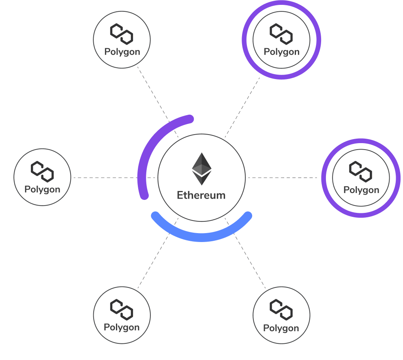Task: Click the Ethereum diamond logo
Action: [201, 169]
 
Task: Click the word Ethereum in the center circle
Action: [201, 195]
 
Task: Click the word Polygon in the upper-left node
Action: [122, 52]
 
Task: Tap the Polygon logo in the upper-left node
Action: [122, 34]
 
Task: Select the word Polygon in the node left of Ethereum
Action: [42, 189]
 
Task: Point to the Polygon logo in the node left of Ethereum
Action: [42, 171]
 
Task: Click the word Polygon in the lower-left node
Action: [122, 327]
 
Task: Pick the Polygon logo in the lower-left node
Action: [122, 309]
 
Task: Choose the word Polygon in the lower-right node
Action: [281, 328]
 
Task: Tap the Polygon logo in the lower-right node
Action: [281, 310]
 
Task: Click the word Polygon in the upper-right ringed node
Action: [281, 52]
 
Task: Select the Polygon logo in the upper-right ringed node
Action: [281, 34]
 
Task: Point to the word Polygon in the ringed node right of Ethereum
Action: [361, 190]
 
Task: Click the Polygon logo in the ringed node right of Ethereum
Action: [361, 171]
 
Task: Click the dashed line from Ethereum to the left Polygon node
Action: [105, 178]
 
